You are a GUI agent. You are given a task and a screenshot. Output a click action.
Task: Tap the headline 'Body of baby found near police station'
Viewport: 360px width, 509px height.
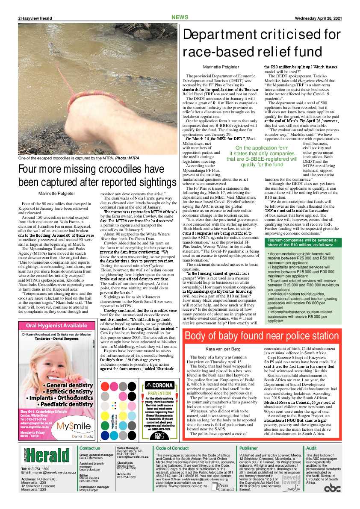[x=262, y=335]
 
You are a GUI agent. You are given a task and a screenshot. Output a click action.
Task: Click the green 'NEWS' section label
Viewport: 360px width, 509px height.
[x=180, y=18]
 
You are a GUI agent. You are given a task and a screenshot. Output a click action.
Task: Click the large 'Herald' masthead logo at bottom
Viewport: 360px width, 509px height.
[x=46, y=456]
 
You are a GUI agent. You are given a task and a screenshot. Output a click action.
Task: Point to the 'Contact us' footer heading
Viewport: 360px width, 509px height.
[x=90, y=448]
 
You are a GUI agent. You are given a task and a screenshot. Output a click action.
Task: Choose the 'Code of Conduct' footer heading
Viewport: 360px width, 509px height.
[x=172, y=448]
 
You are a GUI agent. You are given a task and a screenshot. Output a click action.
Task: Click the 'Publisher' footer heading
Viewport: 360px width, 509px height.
[x=249, y=448]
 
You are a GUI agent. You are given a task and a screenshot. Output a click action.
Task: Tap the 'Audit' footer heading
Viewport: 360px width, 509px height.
[x=312, y=448]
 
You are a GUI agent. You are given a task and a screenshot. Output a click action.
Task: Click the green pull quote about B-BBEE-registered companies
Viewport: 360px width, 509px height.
[x=262, y=156]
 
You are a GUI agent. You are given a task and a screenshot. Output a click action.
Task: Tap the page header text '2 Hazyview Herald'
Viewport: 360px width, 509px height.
[x=35, y=18]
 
